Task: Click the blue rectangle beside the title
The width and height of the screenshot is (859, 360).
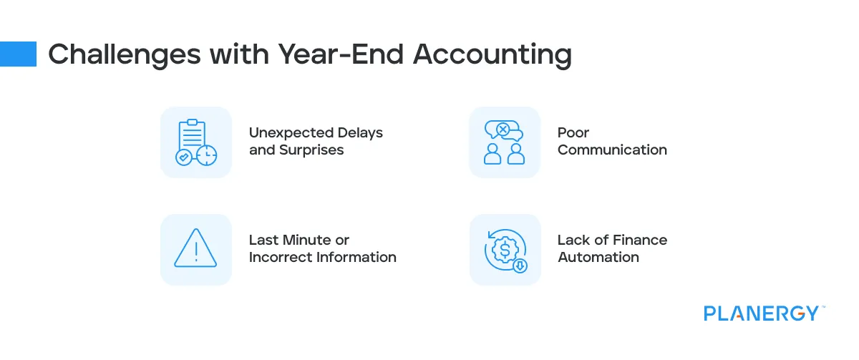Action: click(x=18, y=54)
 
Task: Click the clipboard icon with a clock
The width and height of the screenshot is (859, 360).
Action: click(x=195, y=142)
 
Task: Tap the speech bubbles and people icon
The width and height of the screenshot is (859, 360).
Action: click(x=504, y=142)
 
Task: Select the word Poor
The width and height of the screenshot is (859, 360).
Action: click(x=573, y=133)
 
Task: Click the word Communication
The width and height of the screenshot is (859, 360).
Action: click(x=612, y=150)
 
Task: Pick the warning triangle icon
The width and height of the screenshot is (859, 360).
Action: click(x=195, y=249)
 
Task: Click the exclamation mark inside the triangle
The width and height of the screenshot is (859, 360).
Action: click(x=195, y=251)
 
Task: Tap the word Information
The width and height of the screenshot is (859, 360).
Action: click(x=356, y=258)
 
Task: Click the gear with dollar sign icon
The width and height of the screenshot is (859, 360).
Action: click(x=504, y=250)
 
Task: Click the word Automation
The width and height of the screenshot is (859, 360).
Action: click(x=598, y=258)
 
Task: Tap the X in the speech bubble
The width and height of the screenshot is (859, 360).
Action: click(x=503, y=130)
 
